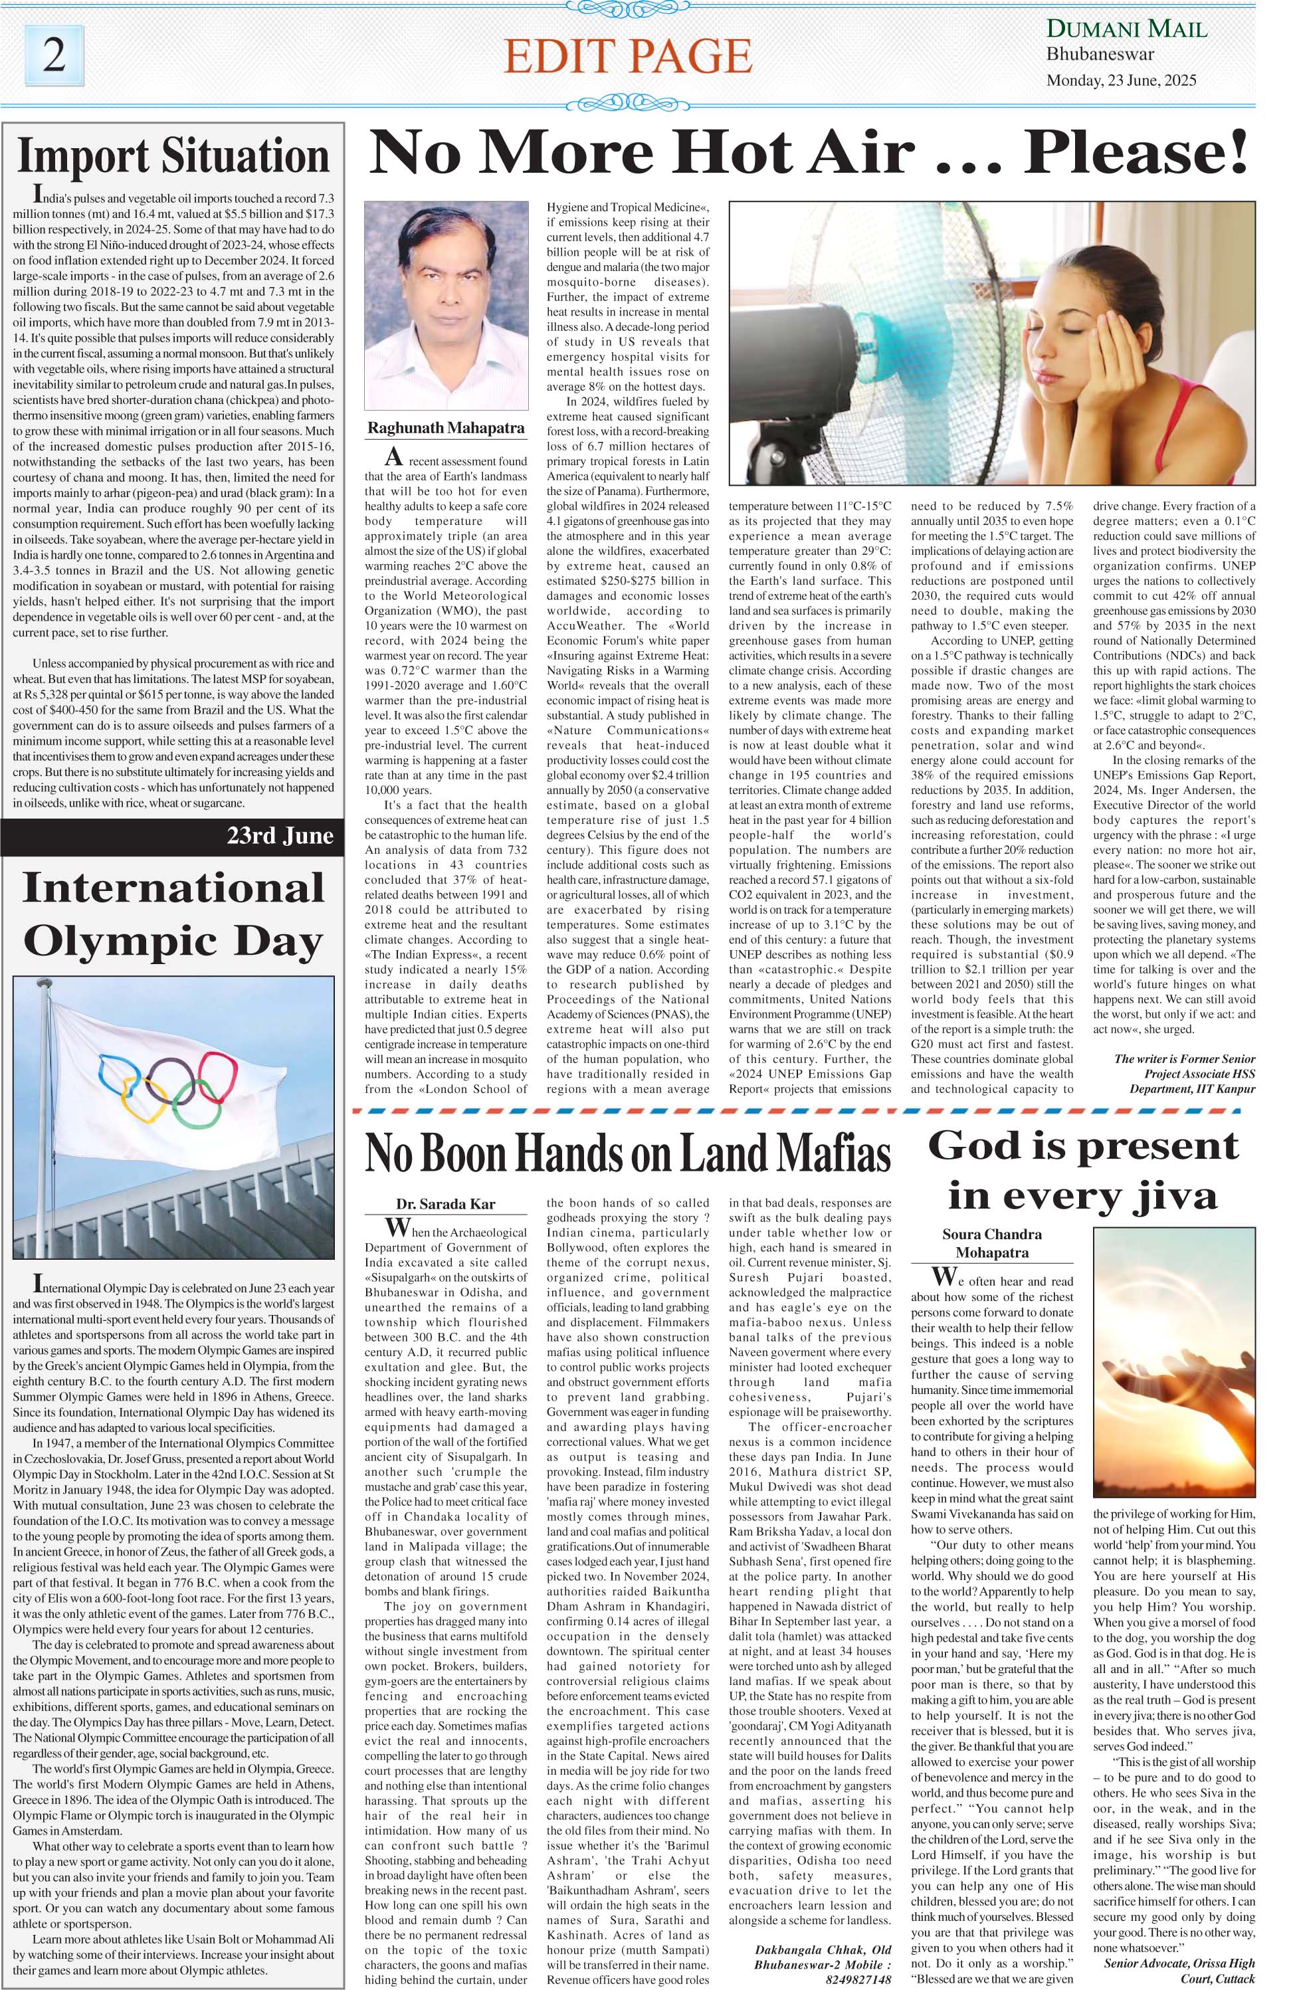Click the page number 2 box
[x=55, y=55]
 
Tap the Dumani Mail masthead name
[x=1126, y=30]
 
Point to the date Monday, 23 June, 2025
[x=1121, y=81]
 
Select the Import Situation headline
[x=173, y=156]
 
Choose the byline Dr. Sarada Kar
[x=446, y=1204]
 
